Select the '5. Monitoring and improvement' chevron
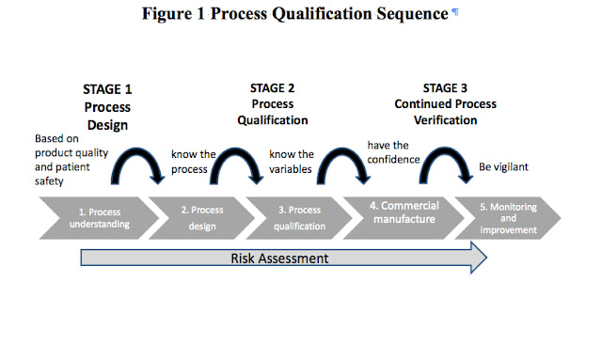pos(508,217)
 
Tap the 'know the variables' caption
pos(292,162)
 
